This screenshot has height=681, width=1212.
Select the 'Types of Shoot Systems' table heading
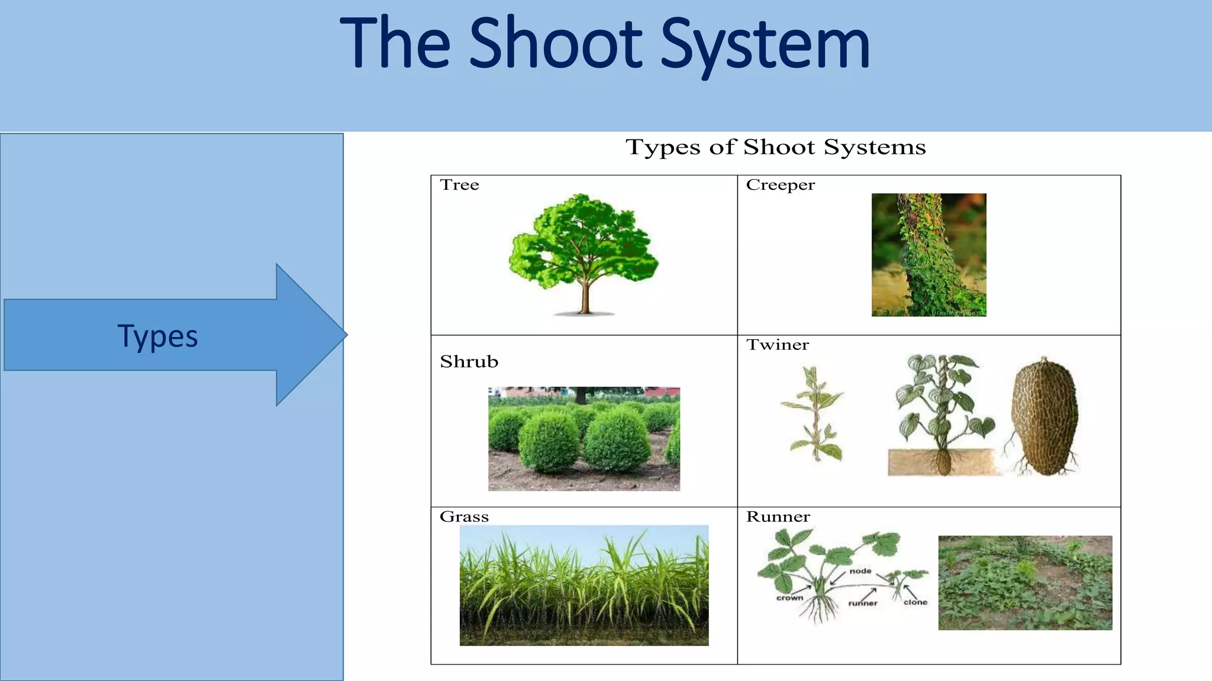click(x=775, y=147)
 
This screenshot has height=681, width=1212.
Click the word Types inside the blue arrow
click(x=157, y=336)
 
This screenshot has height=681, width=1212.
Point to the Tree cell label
click(x=459, y=185)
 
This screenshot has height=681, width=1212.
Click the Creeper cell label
click(x=780, y=185)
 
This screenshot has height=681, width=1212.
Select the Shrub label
click(x=469, y=361)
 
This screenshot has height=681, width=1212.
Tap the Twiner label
click(x=777, y=345)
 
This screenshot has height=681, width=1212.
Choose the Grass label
click(x=464, y=517)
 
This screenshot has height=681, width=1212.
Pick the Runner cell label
click(x=778, y=517)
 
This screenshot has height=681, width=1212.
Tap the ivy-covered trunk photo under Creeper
click(x=929, y=255)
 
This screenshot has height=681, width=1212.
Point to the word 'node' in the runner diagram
click(x=860, y=571)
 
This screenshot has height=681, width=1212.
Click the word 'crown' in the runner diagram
click(x=789, y=598)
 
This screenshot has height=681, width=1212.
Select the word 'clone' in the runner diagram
click(x=915, y=602)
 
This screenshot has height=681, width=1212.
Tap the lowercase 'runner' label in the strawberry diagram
click(x=863, y=604)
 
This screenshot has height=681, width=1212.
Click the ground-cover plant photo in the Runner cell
click(x=1025, y=583)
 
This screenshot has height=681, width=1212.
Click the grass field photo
click(x=584, y=585)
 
